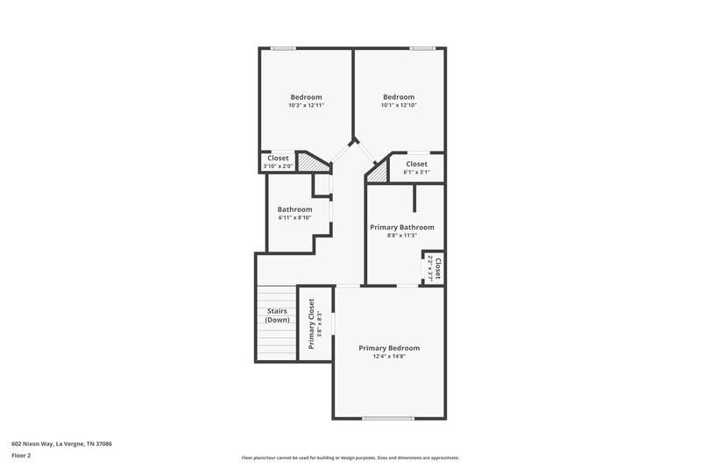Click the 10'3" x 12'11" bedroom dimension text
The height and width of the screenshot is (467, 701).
306,105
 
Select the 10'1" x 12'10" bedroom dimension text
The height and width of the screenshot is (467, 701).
398,105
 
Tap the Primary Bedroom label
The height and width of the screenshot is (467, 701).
389,348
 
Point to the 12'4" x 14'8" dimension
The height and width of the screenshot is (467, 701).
389,357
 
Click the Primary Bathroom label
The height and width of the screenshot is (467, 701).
401,227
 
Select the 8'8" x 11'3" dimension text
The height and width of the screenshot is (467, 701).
401,236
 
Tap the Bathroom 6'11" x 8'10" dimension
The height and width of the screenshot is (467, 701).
294,217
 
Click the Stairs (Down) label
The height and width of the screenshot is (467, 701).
277,315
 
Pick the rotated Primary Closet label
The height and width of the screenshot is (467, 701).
312,323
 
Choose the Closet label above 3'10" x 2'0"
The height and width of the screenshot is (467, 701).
278,158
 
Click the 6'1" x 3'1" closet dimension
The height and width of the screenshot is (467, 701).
416,173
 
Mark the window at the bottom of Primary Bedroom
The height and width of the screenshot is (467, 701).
388,418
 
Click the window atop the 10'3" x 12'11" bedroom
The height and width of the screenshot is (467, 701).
282,48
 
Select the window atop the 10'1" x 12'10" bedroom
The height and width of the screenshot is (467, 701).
422,48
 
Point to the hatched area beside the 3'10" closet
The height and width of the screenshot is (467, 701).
308,162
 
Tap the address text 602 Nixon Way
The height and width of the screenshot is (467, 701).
61,443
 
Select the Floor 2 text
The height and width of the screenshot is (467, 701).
22,456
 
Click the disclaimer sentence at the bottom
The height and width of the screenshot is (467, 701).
350,457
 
